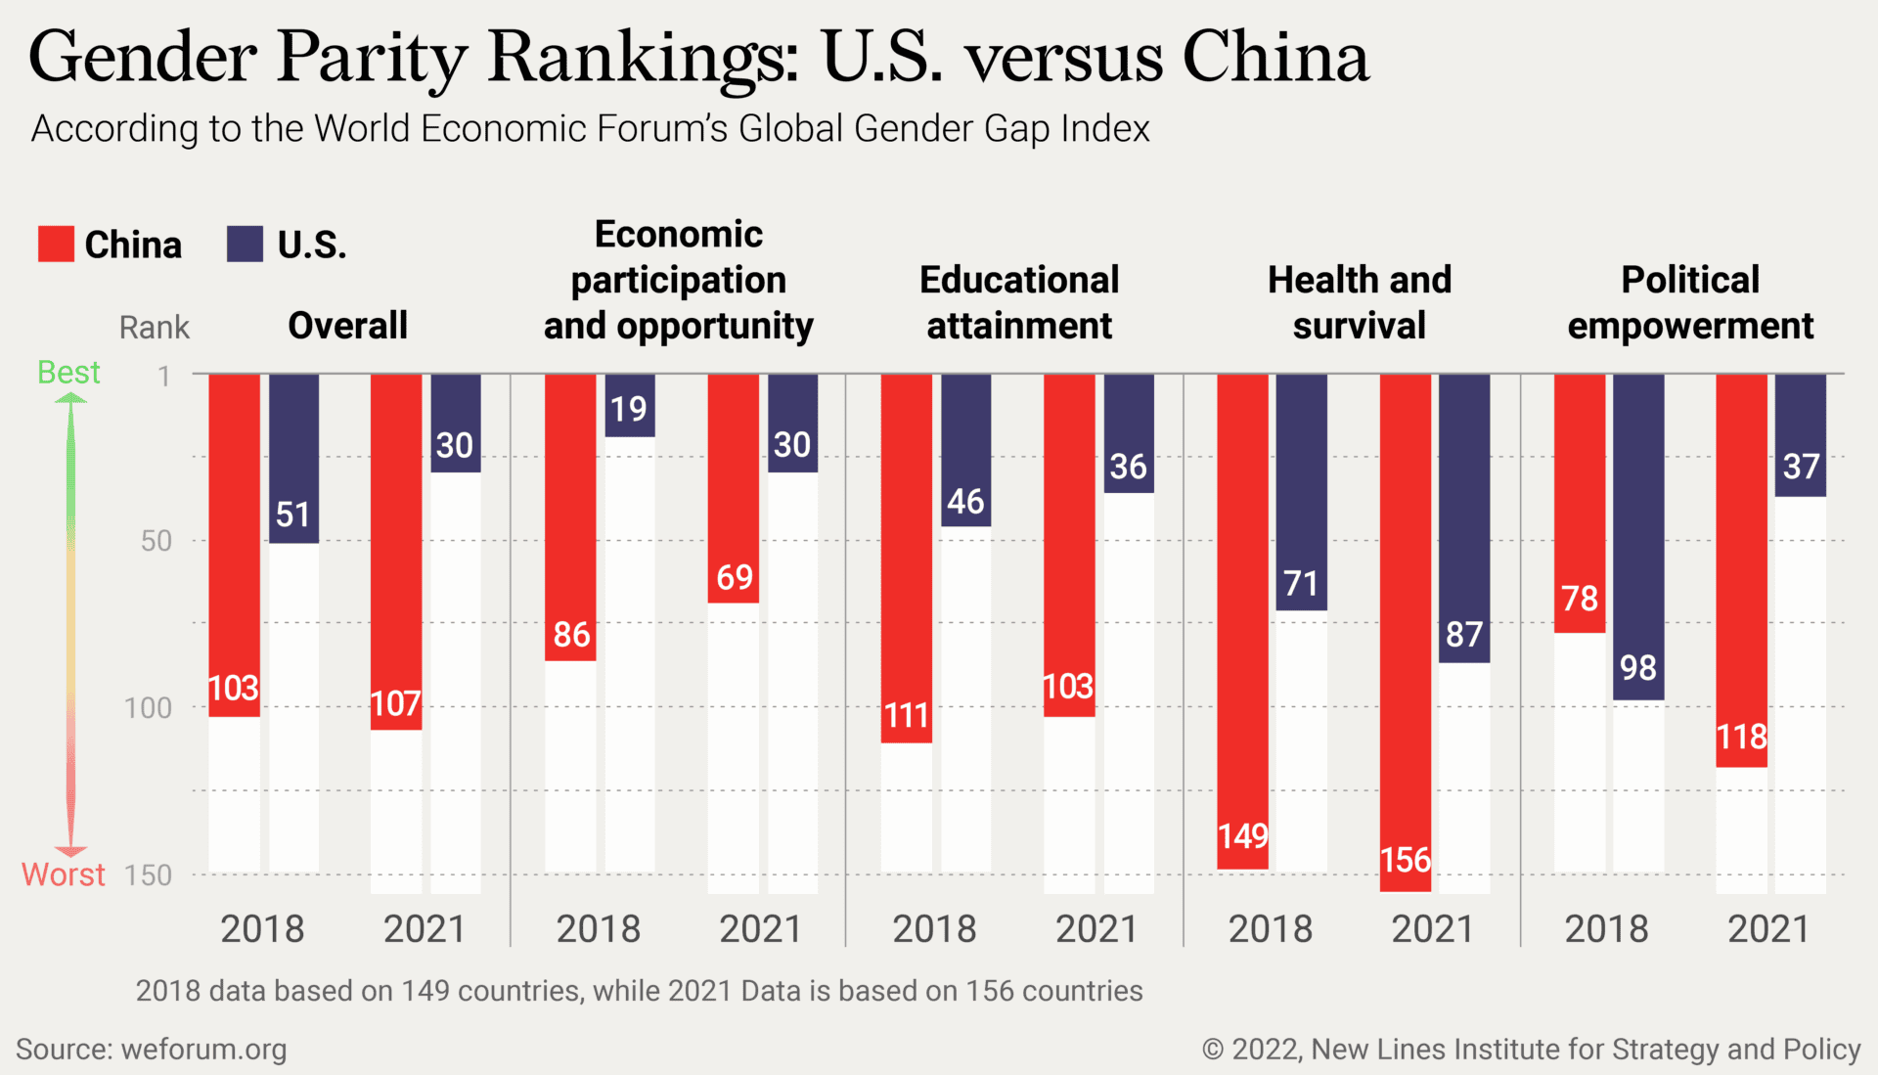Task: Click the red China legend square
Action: point(56,244)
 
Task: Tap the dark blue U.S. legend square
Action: point(245,244)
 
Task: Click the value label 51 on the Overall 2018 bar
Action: point(292,515)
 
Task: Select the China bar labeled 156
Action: point(1406,632)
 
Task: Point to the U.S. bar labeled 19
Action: point(629,405)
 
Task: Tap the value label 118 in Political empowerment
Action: point(1742,737)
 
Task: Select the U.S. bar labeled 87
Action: point(1464,517)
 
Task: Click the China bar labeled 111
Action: point(906,558)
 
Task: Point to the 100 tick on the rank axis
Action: point(148,707)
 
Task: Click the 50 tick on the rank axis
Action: point(156,540)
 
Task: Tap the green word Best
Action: point(68,373)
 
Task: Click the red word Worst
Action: point(63,873)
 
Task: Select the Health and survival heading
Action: point(1359,302)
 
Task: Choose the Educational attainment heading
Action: point(1019,302)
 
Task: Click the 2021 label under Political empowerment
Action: point(1767,928)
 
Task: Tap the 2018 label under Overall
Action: point(262,928)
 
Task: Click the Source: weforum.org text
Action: point(152,1050)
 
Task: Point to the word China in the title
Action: point(1275,57)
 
